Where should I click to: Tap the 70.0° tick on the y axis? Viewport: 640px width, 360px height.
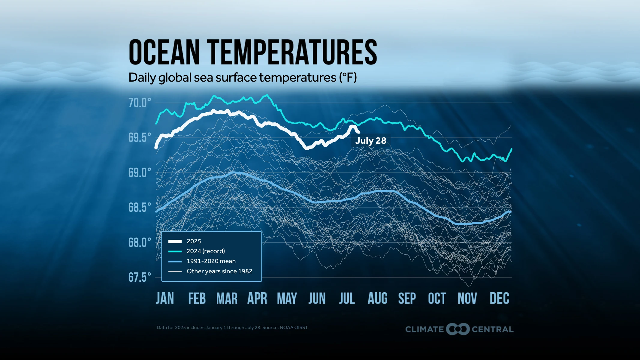(x=140, y=103)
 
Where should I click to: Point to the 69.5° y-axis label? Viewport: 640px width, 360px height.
(x=140, y=138)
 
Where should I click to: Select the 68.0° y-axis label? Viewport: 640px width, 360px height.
(x=140, y=242)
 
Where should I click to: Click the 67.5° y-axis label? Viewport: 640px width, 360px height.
(x=140, y=277)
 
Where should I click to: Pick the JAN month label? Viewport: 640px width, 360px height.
(x=165, y=298)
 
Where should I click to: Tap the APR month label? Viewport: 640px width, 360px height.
(x=257, y=298)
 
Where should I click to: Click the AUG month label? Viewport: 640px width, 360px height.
(x=377, y=298)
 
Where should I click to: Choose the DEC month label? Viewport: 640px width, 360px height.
(x=499, y=298)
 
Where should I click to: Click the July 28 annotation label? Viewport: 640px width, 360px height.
(x=370, y=141)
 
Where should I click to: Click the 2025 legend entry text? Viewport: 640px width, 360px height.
(x=194, y=241)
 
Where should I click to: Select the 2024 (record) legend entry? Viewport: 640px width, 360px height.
(x=206, y=251)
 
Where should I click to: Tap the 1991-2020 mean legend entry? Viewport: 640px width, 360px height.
(x=211, y=261)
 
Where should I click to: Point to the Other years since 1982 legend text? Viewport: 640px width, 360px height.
(x=219, y=271)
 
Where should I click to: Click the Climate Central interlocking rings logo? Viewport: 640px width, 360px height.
(x=457, y=329)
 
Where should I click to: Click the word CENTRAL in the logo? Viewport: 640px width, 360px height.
(x=492, y=329)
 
